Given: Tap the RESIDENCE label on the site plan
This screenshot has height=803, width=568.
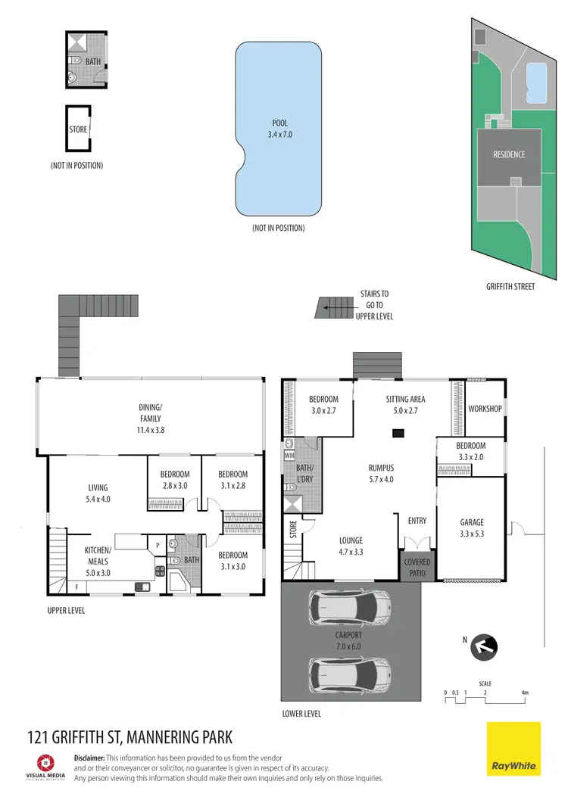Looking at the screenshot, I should [509, 154].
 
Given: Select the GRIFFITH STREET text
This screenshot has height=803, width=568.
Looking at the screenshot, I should [511, 287].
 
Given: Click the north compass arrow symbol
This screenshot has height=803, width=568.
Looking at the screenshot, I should [483, 647].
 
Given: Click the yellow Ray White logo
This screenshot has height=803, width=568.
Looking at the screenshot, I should [513, 749].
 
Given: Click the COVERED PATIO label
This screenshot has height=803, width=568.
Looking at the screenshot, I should [417, 567].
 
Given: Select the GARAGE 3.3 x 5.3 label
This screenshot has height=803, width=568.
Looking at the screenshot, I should [472, 528].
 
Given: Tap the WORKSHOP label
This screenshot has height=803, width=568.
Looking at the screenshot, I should [485, 409].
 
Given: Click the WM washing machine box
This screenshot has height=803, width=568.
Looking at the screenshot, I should [289, 456].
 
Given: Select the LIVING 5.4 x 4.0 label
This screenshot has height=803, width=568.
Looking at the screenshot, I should [97, 493].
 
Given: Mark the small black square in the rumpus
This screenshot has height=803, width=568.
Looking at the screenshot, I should [397, 433].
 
